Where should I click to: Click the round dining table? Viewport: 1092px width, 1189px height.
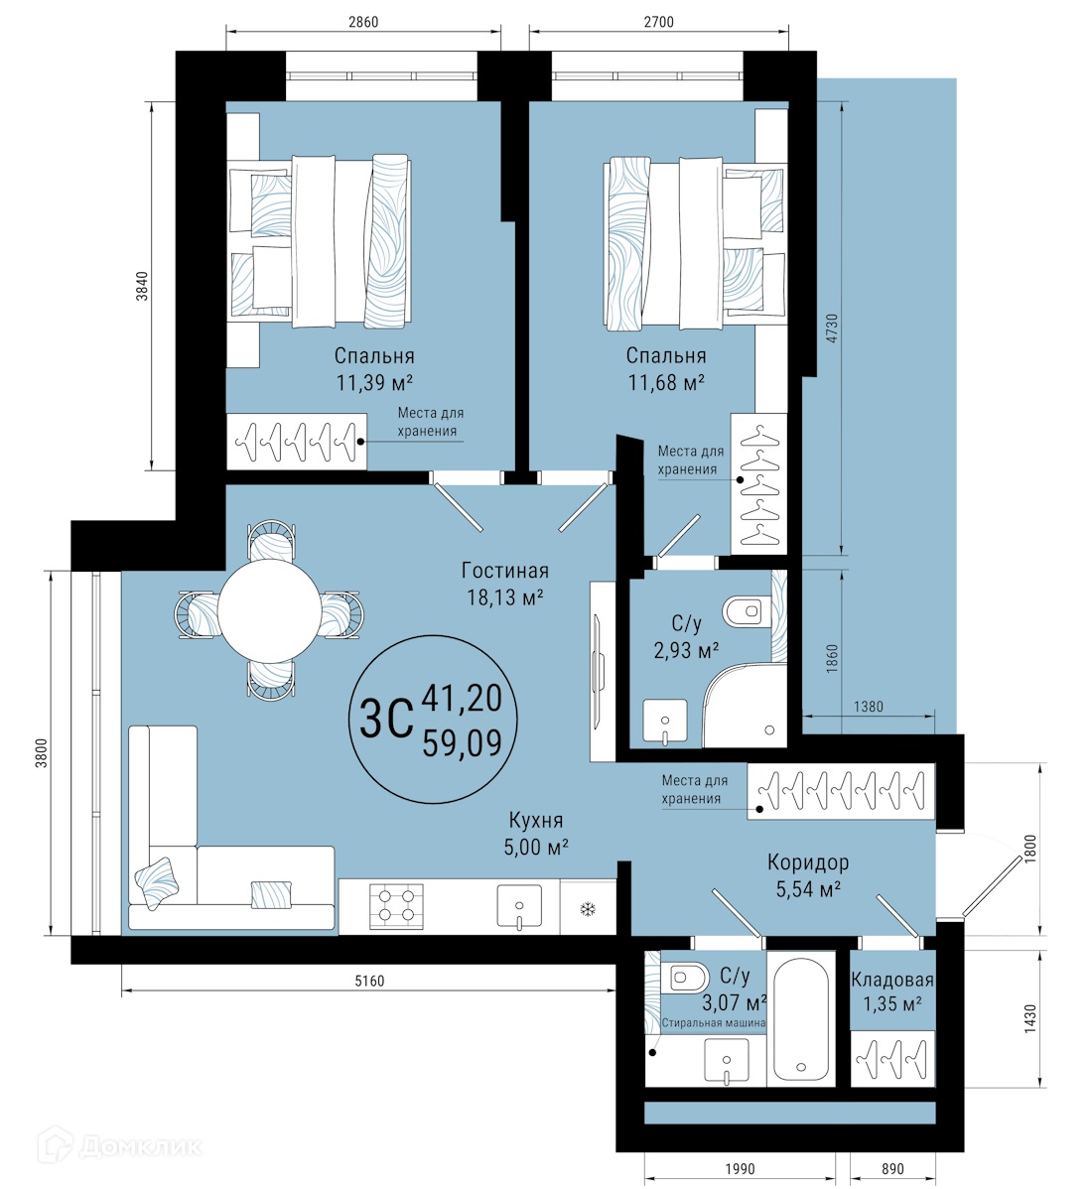coord(269,610)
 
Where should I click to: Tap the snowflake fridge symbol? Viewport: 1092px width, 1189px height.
coord(587,908)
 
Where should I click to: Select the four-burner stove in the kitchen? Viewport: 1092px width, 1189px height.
coord(396,906)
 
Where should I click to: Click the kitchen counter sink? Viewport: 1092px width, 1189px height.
coord(519,907)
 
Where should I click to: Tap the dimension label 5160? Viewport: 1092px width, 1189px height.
coord(369,981)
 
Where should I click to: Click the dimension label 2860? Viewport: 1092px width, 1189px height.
coord(363,22)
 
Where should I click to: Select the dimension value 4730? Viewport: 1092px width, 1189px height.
coord(832,329)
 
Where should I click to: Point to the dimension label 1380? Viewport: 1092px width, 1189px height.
coord(869,706)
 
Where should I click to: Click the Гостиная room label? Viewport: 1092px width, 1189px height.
coord(505,571)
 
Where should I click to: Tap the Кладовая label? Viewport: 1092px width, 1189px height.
coord(891,979)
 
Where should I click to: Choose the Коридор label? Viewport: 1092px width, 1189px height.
coord(808,862)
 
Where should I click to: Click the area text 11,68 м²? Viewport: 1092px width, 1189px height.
coord(666,382)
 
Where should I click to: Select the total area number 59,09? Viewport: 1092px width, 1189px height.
coord(462,743)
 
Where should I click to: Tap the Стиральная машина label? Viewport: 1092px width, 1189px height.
coord(714,1023)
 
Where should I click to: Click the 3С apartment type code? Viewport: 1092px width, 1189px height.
coord(386,718)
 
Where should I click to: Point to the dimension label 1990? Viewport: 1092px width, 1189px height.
coord(740,1168)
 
